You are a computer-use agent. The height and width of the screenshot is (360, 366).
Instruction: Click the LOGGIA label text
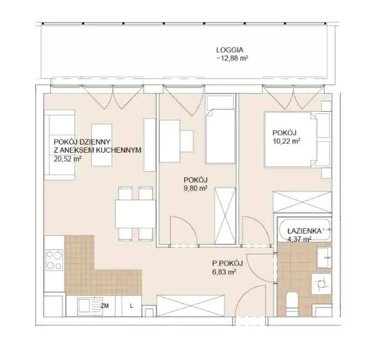coord(230,50)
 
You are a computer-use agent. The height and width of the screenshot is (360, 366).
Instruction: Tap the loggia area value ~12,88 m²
coord(232,58)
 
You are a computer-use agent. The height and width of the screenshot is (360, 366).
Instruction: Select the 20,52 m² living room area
coord(68,159)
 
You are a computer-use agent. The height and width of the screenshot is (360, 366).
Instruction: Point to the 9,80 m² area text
coord(196,188)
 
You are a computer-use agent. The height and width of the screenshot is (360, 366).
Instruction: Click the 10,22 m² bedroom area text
coord(287,141)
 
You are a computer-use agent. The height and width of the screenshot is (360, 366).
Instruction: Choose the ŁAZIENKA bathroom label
coord(304,231)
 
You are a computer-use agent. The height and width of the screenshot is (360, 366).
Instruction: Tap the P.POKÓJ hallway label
coord(227,263)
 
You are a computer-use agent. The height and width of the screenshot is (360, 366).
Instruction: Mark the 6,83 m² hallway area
coord(224,272)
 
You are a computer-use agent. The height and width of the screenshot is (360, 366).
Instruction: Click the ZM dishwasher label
coord(105,306)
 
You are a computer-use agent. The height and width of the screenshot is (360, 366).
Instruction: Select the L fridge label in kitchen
coord(131,306)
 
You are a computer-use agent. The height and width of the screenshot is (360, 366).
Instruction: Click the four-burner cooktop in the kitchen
coord(54,260)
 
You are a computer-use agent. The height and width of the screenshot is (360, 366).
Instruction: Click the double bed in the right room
coord(298,140)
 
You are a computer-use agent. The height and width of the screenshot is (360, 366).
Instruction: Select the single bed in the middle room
coord(220,129)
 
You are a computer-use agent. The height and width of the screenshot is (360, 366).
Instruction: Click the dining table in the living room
coord(136,214)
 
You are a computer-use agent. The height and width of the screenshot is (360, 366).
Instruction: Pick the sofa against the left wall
coord(59,145)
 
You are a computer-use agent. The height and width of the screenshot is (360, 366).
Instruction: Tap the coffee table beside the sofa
coord(101,145)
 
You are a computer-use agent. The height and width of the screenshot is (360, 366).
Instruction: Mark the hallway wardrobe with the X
coord(190,306)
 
